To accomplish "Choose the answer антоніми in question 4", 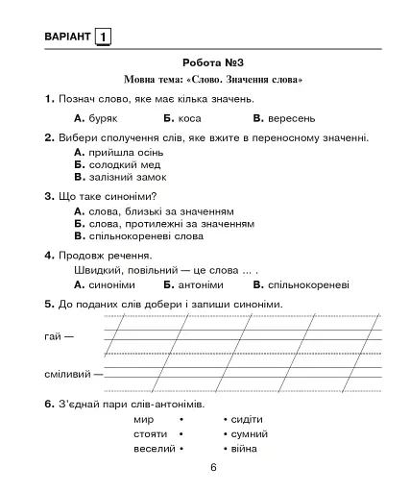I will pyautogui.click(x=201, y=285).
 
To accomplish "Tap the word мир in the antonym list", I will pyautogui.click(x=144, y=420).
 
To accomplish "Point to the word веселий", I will pyautogui.click(x=153, y=449).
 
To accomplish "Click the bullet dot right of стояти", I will pyautogui.click(x=181, y=434).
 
